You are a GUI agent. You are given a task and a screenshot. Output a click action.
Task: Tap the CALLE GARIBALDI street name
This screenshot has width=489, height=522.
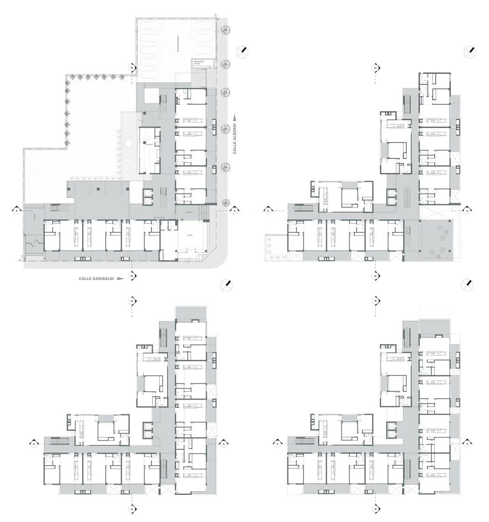[96, 279]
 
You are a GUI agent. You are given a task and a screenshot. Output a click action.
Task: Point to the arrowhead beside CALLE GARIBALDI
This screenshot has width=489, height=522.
[120, 279]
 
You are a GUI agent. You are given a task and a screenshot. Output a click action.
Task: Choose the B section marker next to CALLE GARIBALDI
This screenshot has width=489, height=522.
[132, 276]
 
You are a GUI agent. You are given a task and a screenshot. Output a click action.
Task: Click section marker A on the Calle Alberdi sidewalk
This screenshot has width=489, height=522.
[234, 210]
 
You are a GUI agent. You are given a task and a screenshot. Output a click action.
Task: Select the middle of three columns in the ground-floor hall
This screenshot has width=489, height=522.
[99, 189]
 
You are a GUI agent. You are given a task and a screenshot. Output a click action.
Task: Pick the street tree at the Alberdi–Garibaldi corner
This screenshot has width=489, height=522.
[226, 202]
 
